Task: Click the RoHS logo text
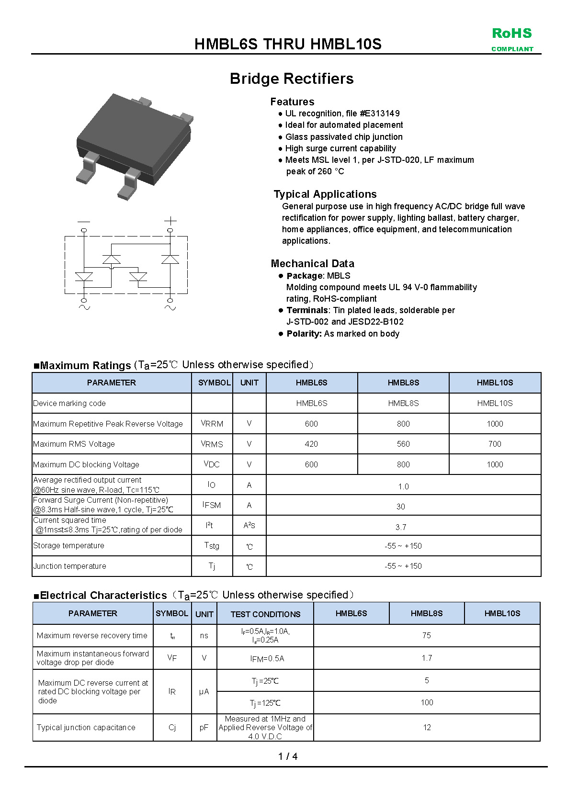[x=511, y=34]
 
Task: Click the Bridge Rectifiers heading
[x=291, y=79]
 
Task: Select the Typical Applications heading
[x=325, y=194]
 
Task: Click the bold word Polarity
[x=304, y=334]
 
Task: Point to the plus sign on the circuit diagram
[x=170, y=221]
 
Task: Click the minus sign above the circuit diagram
[x=84, y=221]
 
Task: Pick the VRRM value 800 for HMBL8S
[x=403, y=424]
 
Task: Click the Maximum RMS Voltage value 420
[x=311, y=444]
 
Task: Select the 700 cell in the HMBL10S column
[x=495, y=444]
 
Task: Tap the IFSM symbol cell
[x=212, y=505]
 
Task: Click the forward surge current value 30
[x=401, y=507]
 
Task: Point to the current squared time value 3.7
[x=401, y=527]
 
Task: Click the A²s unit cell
[x=249, y=526]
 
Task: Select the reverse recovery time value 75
[x=426, y=635]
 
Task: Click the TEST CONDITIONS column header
[x=265, y=614]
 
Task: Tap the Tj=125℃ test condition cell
[x=265, y=703]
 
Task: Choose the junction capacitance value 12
[x=427, y=727]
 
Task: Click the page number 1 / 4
[x=288, y=756]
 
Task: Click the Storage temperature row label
[x=68, y=545]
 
